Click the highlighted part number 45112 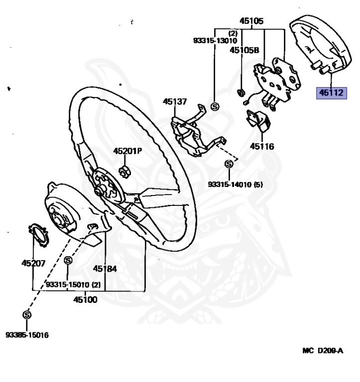pos(331,93)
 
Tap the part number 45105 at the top pos(251,21)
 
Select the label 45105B pos(244,50)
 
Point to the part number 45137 pos(175,102)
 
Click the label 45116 pos(262,146)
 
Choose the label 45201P pos(127,151)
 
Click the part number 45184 pos(105,269)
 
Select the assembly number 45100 pos(85,299)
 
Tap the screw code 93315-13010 pos(215,41)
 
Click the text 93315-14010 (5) pos(235,185)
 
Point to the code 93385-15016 pos(27,335)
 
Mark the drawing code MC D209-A pos(323,351)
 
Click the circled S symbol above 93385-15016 pos(26,314)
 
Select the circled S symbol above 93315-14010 pos(229,164)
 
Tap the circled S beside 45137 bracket pos(215,106)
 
